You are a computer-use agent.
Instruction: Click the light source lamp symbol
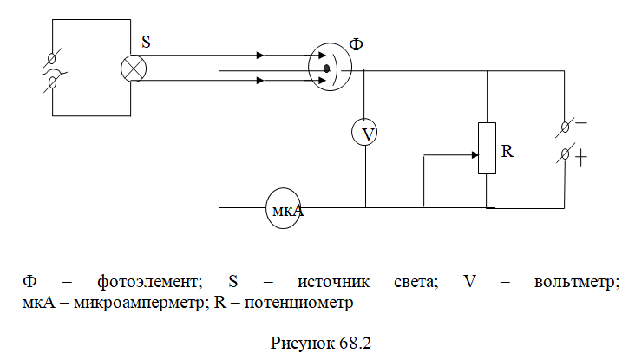point(133,69)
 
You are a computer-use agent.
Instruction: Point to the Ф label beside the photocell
point(356,43)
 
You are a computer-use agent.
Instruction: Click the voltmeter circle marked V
point(367,134)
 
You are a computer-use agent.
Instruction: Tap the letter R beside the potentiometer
point(508,151)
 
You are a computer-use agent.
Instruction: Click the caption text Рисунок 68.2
point(320,341)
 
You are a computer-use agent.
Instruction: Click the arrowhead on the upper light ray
point(260,56)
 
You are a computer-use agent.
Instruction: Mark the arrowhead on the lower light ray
point(260,81)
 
